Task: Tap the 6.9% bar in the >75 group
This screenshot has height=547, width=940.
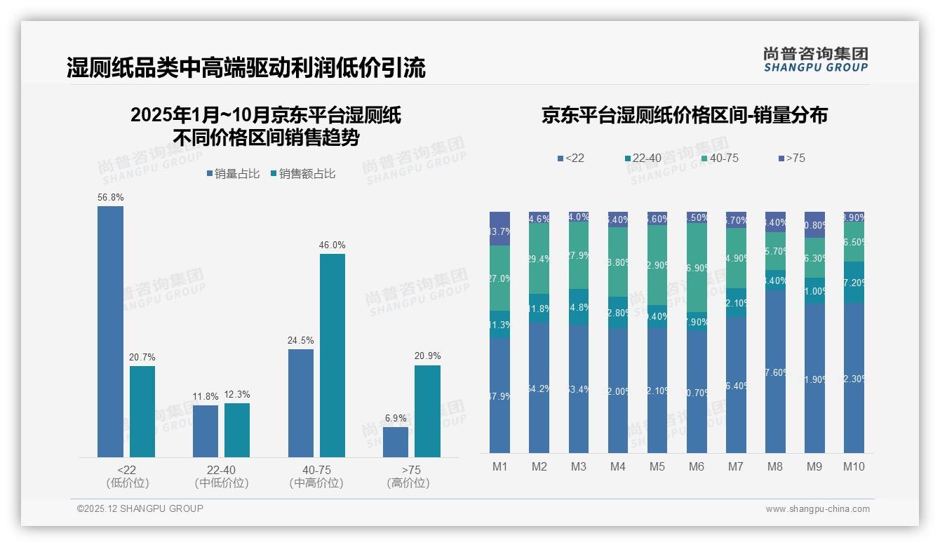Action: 396,442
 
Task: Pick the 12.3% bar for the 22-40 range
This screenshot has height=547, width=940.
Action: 237,430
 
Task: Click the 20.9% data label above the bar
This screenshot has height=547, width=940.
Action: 428,356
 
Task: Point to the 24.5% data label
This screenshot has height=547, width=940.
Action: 300,341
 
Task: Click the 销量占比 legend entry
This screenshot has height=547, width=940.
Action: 233,174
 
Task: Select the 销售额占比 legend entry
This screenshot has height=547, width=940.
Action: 302,174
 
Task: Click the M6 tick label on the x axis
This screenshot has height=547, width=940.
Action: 697,467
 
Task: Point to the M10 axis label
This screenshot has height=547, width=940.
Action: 854,467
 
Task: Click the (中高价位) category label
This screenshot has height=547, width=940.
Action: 316,483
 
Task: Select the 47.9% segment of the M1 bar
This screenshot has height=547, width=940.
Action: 500,396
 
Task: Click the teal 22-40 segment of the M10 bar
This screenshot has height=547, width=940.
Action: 854,283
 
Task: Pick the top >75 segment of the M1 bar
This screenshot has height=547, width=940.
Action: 500,229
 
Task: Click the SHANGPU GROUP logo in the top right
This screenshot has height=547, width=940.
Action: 815,60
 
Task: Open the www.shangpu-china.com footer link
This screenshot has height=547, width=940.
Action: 817,509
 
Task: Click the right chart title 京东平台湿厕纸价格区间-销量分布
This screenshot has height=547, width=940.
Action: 684,115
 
